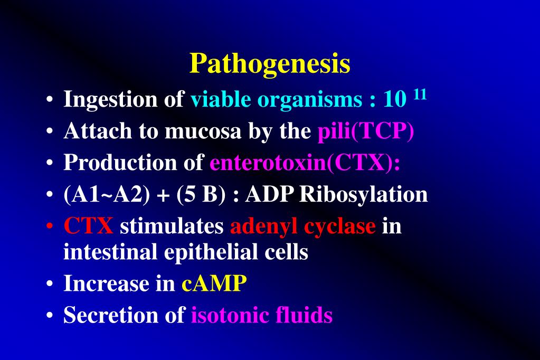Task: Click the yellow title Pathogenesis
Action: click(270, 64)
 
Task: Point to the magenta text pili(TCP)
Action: click(365, 131)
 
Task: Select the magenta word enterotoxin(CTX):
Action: click(305, 163)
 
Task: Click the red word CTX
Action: click(88, 226)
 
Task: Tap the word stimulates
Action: click(172, 226)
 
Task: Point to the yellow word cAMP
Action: click(214, 284)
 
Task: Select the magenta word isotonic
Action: click(230, 315)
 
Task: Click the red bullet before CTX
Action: click(49, 227)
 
